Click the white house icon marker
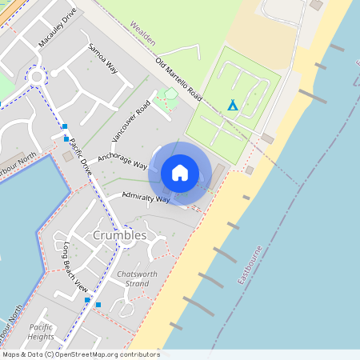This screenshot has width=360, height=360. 180,173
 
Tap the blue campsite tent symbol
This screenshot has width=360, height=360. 233,105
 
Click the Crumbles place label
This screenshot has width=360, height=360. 119,235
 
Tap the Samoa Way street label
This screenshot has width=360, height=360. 103,58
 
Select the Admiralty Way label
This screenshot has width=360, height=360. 146,197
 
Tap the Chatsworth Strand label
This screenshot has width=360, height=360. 133,278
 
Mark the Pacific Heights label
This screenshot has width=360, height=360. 41,332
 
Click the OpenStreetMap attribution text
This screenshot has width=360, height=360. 80,354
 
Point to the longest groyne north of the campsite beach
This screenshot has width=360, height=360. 312,97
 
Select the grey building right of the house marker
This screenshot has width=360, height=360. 218,173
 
